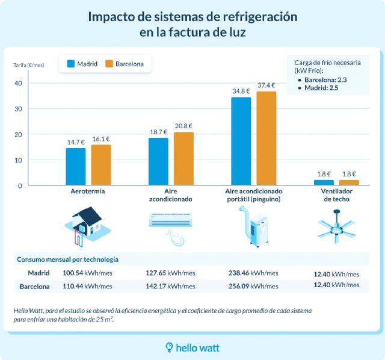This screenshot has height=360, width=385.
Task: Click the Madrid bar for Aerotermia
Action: pos(75,167)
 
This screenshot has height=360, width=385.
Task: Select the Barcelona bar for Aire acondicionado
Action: pos(183,159)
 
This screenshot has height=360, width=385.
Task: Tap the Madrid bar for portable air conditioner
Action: pos(241,141)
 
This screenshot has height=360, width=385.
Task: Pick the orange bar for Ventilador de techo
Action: pos(349,182)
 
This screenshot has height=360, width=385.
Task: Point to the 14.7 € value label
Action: pos(76,142)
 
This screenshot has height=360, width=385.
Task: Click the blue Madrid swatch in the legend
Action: pos(70,64)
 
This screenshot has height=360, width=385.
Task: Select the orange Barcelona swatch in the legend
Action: pos(109,64)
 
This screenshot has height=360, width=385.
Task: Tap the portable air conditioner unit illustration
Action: pos(256,228)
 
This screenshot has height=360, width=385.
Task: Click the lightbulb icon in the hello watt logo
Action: pos(170,347)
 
